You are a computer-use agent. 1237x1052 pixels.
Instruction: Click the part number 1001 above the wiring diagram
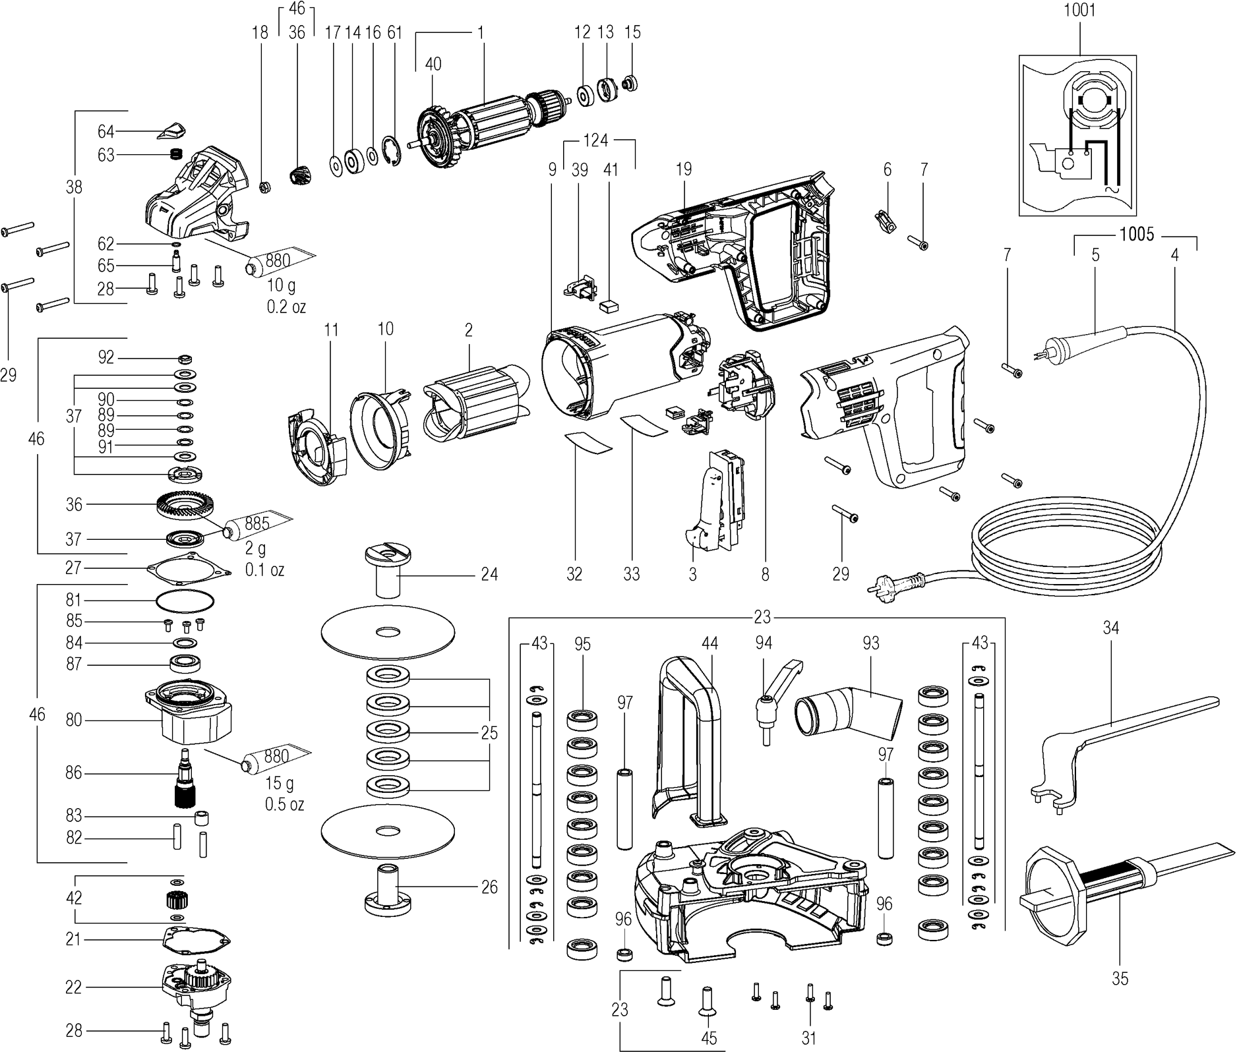[x=1080, y=11]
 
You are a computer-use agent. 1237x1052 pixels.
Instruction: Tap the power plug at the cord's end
[x=903, y=583]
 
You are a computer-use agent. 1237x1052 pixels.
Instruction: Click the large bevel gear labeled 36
[x=181, y=506]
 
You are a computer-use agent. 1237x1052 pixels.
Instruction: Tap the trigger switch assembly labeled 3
[x=715, y=498]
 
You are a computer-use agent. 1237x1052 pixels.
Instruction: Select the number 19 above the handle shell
[x=684, y=169]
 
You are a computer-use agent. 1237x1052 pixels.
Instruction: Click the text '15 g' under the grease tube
[x=280, y=783]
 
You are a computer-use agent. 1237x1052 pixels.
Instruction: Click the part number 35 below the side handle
[x=1120, y=979]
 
